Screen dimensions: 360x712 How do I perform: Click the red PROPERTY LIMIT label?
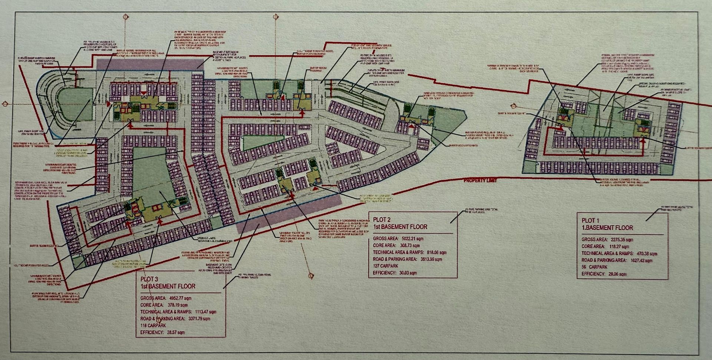(x=480, y=180)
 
